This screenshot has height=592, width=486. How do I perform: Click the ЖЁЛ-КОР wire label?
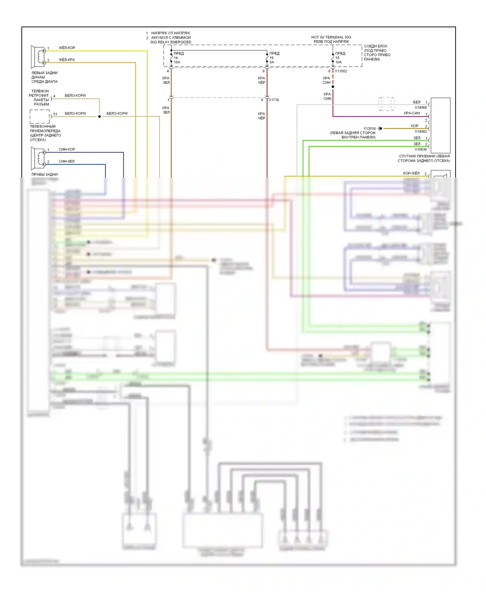[x=67, y=48]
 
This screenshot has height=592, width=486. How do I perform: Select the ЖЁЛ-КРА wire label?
[x=67, y=60]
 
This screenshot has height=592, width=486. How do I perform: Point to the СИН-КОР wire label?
[x=67, y=150]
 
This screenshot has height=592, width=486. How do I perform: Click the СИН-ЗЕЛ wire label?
[x=66, y=162]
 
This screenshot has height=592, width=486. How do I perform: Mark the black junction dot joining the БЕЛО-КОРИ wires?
[x=99, y=117]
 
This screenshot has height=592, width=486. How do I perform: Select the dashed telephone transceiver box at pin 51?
[x=40, y=117]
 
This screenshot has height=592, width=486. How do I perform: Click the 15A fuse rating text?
[x=177, y=62]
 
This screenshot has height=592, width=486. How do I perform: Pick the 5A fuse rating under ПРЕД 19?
[x=272, y=62]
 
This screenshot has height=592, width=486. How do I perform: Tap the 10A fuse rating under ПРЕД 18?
[x=338, y=62]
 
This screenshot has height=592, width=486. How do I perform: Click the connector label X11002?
[x=341, y=71]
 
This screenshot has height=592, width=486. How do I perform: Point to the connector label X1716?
[x=274, y=100]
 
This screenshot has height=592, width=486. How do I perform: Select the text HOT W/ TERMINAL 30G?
[x=331, y=37]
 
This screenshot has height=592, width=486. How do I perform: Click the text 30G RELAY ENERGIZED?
[x=171, y=42]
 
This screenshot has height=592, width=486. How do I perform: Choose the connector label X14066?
[x=421, y=108]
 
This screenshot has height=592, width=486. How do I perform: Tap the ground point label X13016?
[x=369, y=129]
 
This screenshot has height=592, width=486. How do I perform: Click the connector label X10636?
[x=421, y=150]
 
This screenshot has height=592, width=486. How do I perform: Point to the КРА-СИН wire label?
[x=412, y=113]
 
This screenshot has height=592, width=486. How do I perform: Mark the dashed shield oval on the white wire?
[x=386, y=104]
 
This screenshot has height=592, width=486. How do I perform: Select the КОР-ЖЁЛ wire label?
[x=411, y=174]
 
